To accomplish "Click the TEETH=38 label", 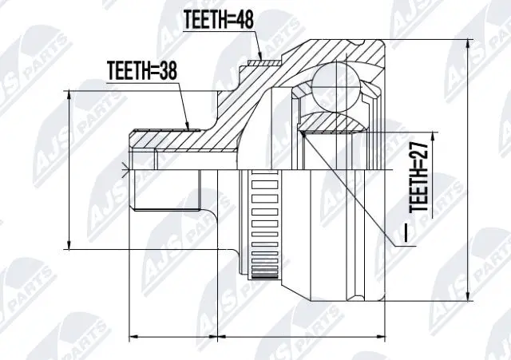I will (x=141, y=71).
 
